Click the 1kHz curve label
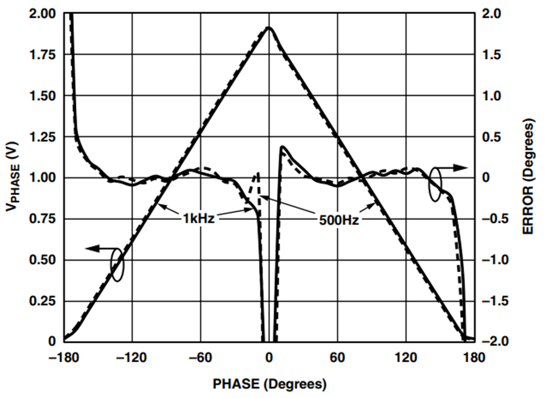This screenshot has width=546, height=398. pos(198,219)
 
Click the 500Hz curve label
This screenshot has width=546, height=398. pos(339,221)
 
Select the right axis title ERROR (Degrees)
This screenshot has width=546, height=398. pos(528,177)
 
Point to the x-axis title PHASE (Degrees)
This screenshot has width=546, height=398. pos(270,383)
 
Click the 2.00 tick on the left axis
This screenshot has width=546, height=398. pos(42,13)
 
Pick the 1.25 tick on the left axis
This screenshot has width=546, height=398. pos(42,137)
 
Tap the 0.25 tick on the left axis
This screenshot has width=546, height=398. pos(42,301)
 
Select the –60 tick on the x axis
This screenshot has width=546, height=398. pos(201,357)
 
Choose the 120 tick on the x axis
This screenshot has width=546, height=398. pos(406,357)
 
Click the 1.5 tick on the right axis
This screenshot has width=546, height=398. pos(491,55)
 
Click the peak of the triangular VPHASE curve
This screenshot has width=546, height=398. pos(269,27)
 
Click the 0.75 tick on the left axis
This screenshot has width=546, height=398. pos(42,219)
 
